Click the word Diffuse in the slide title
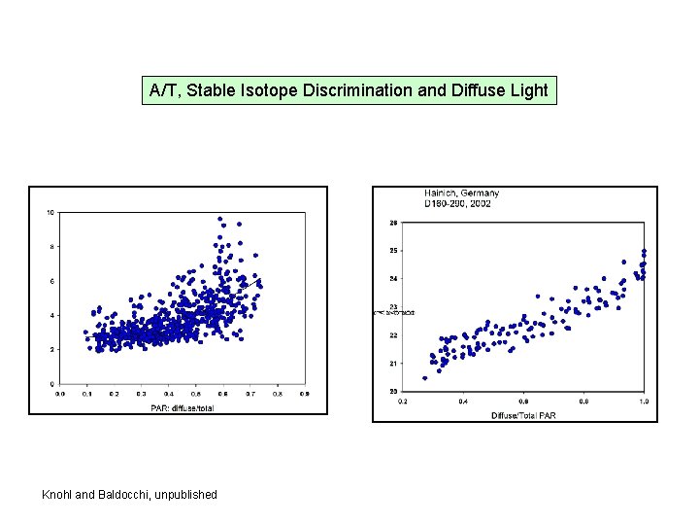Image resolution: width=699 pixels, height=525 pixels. [x=477, y=91]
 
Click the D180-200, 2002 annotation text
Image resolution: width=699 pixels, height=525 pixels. [x=457, y=204]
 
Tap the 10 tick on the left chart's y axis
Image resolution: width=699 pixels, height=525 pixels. [x=50, y=213]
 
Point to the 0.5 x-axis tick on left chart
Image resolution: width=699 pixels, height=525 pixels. [x=196, y=394]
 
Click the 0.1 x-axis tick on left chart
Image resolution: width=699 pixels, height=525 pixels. [x=86, y=394]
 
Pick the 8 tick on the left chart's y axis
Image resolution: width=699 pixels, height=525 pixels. [x=51, y=247]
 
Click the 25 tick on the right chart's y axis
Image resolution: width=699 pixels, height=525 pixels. [x=393, y=251]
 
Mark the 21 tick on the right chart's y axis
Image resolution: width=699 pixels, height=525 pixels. [x=393, y=364]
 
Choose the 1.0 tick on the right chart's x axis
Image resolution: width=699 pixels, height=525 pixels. [x=644, y=402]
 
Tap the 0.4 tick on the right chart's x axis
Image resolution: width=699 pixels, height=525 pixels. [x=463, y=402]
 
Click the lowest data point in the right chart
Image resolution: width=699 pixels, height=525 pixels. [x=424, y=378]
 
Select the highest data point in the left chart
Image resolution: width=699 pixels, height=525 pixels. [x=220, y=220]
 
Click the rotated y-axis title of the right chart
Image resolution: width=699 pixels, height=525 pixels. [x=394, y=312]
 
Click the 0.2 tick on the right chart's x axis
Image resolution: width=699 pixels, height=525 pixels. [x=403, y=402]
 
